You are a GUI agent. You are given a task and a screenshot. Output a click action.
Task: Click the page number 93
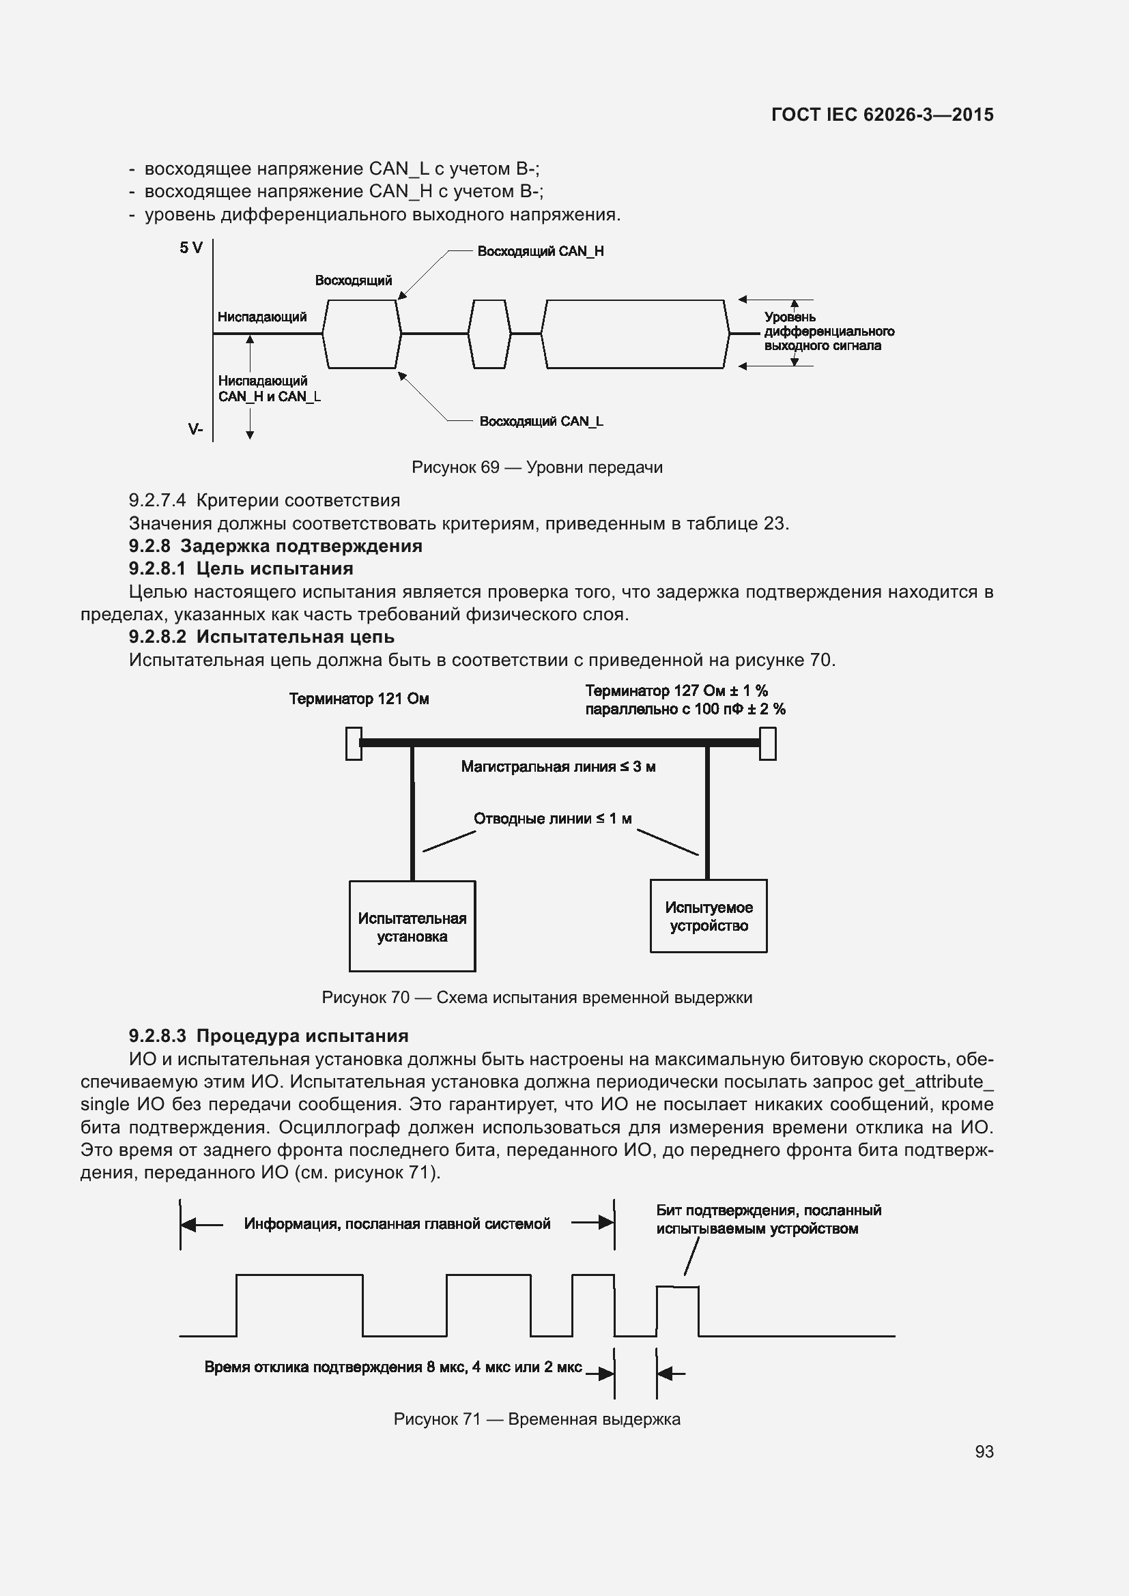click(x=984, y=1451)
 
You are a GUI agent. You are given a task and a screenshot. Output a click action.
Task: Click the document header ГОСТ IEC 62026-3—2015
click(x=882, y=115)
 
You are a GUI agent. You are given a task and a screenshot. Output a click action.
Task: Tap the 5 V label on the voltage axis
click(x=191, y=248)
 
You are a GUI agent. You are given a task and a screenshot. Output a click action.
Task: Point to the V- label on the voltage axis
click(x=195, y=430)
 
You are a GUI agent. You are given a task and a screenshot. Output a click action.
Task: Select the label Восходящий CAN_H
click(x=540, y=252)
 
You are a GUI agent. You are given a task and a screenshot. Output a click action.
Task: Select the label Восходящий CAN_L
click(x=541, y=421)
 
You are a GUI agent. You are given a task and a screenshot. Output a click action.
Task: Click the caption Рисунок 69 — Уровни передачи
click(x=537, y=467)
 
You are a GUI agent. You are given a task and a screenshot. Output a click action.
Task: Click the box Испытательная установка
click(x=412, y=927)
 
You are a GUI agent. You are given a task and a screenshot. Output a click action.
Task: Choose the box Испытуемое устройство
click(x=709, y=916)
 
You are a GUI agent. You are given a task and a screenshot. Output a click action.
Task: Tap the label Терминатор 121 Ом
click(x=359, y=699)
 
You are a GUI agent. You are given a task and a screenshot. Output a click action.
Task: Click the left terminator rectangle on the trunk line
click(x=353, y=744)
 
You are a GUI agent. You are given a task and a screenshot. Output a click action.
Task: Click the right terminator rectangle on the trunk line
click(x=767, y=744)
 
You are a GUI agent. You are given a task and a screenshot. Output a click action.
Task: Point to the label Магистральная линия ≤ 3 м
click(x=558, y=767)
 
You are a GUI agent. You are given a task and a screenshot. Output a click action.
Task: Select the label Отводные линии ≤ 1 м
click(x=553, y=818)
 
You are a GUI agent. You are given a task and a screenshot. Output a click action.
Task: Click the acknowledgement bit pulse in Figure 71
click(x=678, y=1310)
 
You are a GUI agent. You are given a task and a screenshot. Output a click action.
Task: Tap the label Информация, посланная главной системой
click(x=397, y=1223)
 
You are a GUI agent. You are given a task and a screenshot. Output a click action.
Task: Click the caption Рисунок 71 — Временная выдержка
click(x=537, y=1419)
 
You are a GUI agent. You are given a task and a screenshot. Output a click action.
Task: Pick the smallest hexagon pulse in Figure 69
click(x=489, y=334)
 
